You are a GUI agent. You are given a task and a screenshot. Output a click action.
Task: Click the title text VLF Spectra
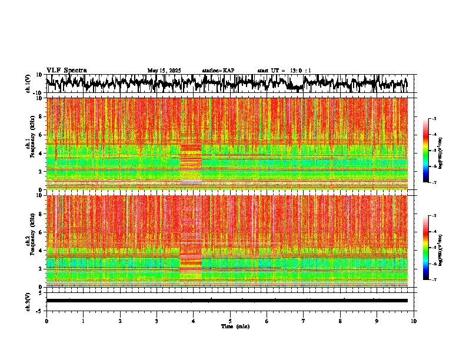(x=66, y=71)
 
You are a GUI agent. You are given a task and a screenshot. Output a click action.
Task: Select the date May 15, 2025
(x=164, y=71)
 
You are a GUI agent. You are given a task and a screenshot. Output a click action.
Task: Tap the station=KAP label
(x=218, y=71)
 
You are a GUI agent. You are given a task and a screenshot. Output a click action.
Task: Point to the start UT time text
(x=284, y=71)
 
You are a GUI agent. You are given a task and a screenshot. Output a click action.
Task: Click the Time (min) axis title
(x=235, y=326)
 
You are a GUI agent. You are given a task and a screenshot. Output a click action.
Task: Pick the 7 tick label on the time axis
(x=304, y=321)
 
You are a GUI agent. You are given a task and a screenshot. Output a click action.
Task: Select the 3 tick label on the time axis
(x=157, y=321)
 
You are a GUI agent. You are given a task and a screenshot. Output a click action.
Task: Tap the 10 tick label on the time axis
(x=414, y=321)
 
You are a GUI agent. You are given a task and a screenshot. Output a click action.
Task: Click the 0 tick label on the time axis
(x=46, y=321)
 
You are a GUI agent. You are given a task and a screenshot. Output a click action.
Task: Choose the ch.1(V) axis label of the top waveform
(x=28, y=84)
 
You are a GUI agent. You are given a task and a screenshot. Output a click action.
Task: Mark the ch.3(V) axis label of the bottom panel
(x=28, y=301)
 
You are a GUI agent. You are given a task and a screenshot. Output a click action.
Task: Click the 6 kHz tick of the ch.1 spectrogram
(x=41, y=135)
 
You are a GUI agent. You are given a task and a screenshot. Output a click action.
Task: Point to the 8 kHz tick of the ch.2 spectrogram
(x=41, y=214)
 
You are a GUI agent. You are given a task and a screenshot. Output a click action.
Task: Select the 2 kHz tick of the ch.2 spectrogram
(x=41, y=268)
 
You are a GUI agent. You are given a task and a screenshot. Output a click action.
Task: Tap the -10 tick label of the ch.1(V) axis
(x=38, y=93)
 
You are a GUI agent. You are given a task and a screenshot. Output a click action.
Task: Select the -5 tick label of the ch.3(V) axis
(x=40, y=309)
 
